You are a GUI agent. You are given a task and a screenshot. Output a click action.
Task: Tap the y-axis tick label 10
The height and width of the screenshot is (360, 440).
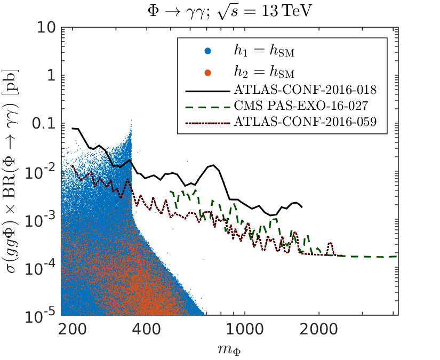pos(43,28)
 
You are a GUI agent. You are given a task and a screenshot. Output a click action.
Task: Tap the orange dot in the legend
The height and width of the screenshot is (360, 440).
pos(208,71)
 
